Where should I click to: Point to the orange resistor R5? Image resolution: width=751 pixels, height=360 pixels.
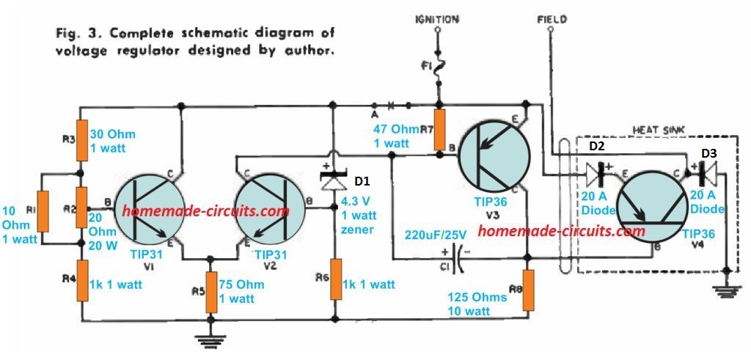[x=211, y=290]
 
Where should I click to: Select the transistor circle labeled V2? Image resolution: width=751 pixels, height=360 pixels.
[x=269, y=209]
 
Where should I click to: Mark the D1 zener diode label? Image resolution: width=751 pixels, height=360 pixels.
[x=365, y=180]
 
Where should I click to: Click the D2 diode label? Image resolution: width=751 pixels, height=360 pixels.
[x=596, y=147]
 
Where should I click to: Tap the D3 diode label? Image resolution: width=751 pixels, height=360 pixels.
[x=709, y=153]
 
